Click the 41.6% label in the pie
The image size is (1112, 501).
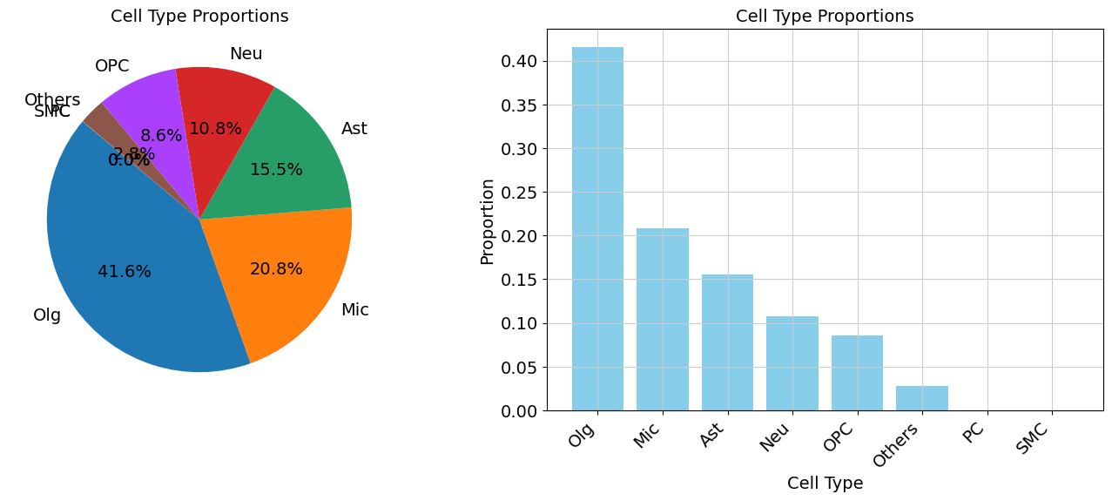point(125,272)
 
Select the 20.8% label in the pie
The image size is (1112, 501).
point(276,270)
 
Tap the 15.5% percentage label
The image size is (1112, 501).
point(276,170)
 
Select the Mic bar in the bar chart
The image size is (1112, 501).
point(662,319)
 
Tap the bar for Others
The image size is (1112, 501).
point(921,398)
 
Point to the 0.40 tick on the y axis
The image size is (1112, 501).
point(519,62)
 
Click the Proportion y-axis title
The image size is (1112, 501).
point(488,221)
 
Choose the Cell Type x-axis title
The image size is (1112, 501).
point(825,484)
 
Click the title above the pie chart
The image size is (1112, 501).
point(199,17)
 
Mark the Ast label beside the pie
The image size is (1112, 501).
point(354,129)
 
